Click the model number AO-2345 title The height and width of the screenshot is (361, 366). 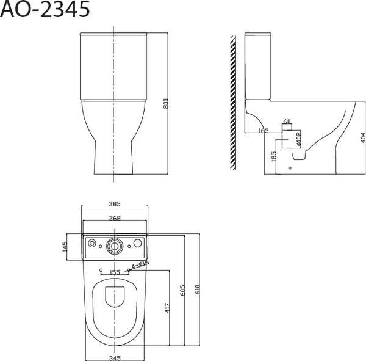(x=46, y=10)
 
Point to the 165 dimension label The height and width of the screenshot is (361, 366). (x=263, y=130)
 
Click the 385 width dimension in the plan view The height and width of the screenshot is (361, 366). (x=115, y=204)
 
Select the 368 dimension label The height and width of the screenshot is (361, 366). (x=115, y=217)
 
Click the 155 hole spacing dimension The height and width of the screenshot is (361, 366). (x=114, y=273)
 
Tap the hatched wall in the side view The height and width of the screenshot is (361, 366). (x=232, y=101)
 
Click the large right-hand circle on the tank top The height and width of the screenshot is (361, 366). (x=138, y=244)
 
